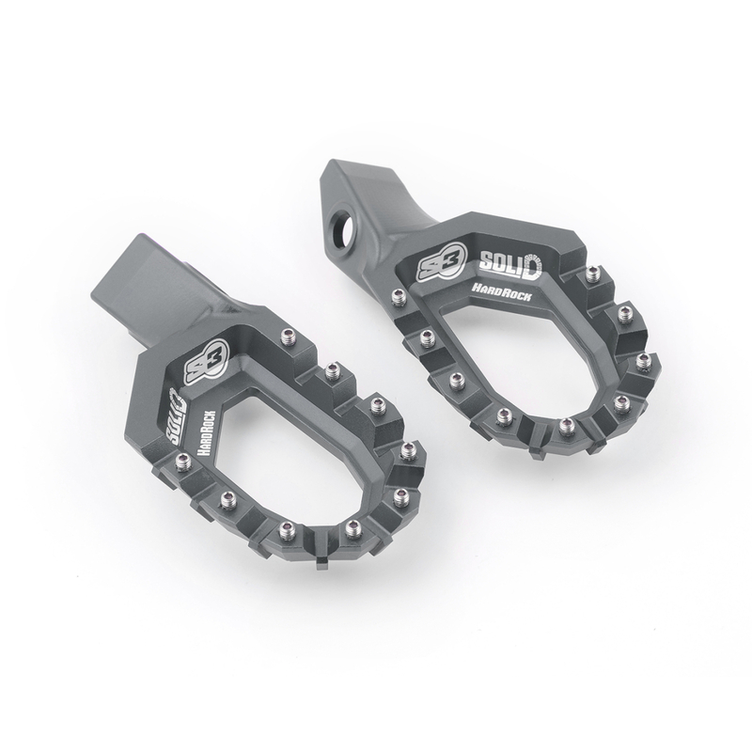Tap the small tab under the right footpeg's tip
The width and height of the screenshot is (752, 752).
point(538,458)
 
